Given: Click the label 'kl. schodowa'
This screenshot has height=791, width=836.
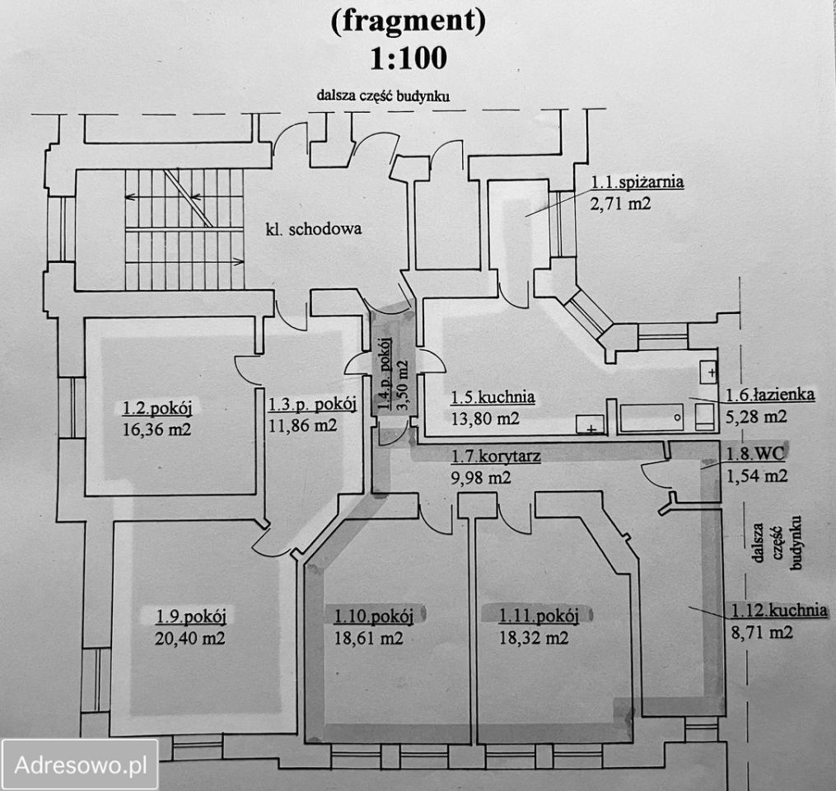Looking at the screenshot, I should [x=314, y=230].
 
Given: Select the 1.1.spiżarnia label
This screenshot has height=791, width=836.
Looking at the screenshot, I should [x=637, y=183].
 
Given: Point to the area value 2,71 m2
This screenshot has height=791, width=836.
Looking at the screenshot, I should [x=620, y=202].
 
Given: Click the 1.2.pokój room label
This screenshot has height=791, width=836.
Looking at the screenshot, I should [x=162, y=409].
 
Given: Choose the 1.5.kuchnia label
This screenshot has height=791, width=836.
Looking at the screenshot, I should [x=493, y=398].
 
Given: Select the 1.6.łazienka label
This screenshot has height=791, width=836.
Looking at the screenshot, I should [x=770, y=395].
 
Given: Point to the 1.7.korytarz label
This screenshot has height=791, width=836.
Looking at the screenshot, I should [x=495, y=457].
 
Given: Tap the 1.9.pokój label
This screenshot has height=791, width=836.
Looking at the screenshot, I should [x=191, y=617].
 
